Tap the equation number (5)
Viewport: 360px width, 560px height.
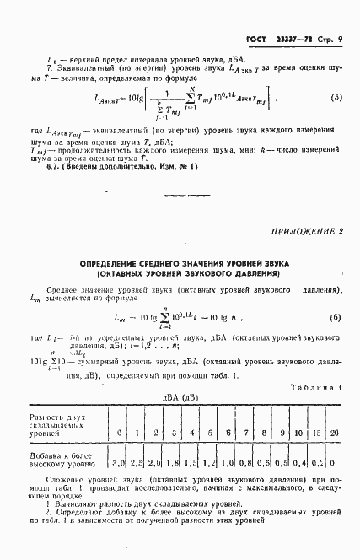pyautogui.click(x=336, y=98)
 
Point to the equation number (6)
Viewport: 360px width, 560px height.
pyautogui.click(x=336, y=318)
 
